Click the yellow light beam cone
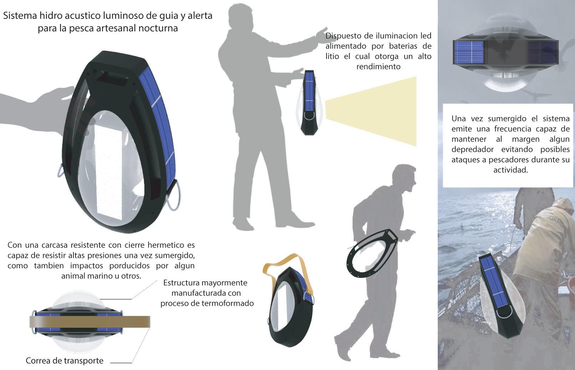tap(371, 111)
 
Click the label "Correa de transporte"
tap(65, 361)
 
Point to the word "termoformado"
tap(227, 303)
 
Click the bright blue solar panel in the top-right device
tap(469, 52)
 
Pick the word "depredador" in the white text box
tap(472, 149)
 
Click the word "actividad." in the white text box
tap(510, 170)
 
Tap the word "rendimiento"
tap(378, 67)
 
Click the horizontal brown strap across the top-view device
tap(90, 321)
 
